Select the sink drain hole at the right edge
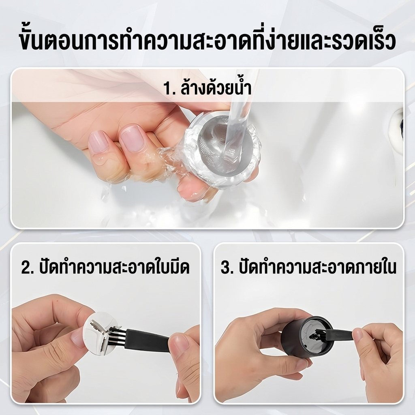pos(398,122)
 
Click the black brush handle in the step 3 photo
pos(339,334)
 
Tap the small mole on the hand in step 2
pos(57,300)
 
